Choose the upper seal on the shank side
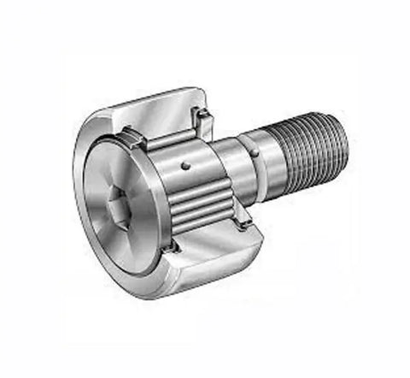coord(204,115)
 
